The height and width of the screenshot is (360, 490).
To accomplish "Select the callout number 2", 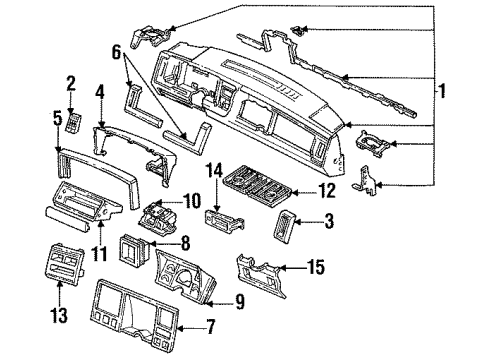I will tap(71, 83).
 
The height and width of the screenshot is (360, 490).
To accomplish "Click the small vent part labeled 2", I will tap(72, 120).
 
